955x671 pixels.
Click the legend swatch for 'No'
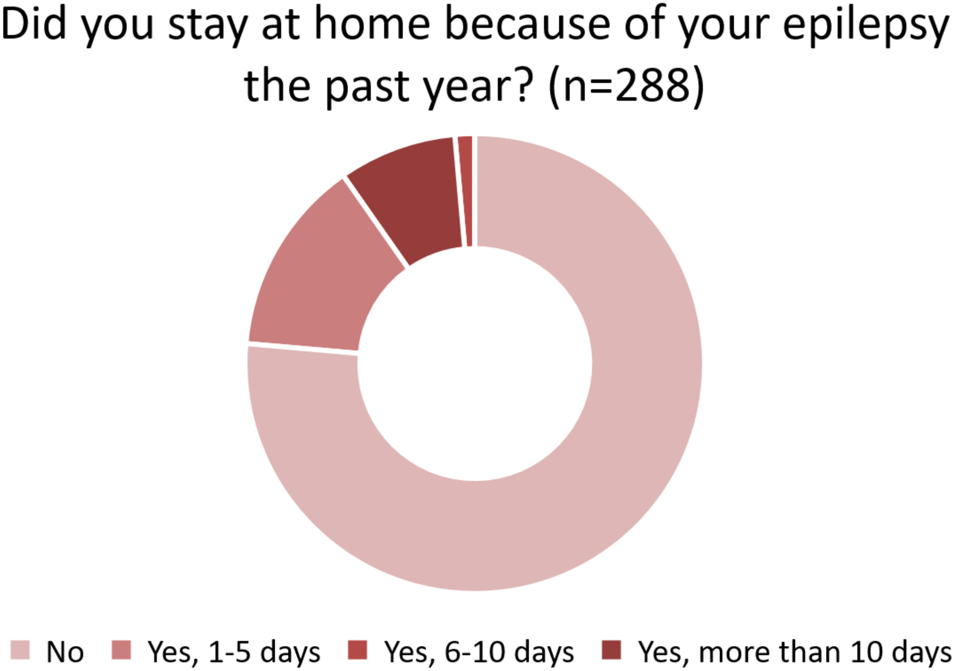[20, 650]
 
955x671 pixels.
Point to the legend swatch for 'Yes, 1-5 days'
[121, 650]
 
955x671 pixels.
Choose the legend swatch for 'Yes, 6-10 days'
[357, 650]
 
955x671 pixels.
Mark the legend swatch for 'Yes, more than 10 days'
[611, 650]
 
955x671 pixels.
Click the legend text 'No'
[65, 652]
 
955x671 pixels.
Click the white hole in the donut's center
[475, 364]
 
